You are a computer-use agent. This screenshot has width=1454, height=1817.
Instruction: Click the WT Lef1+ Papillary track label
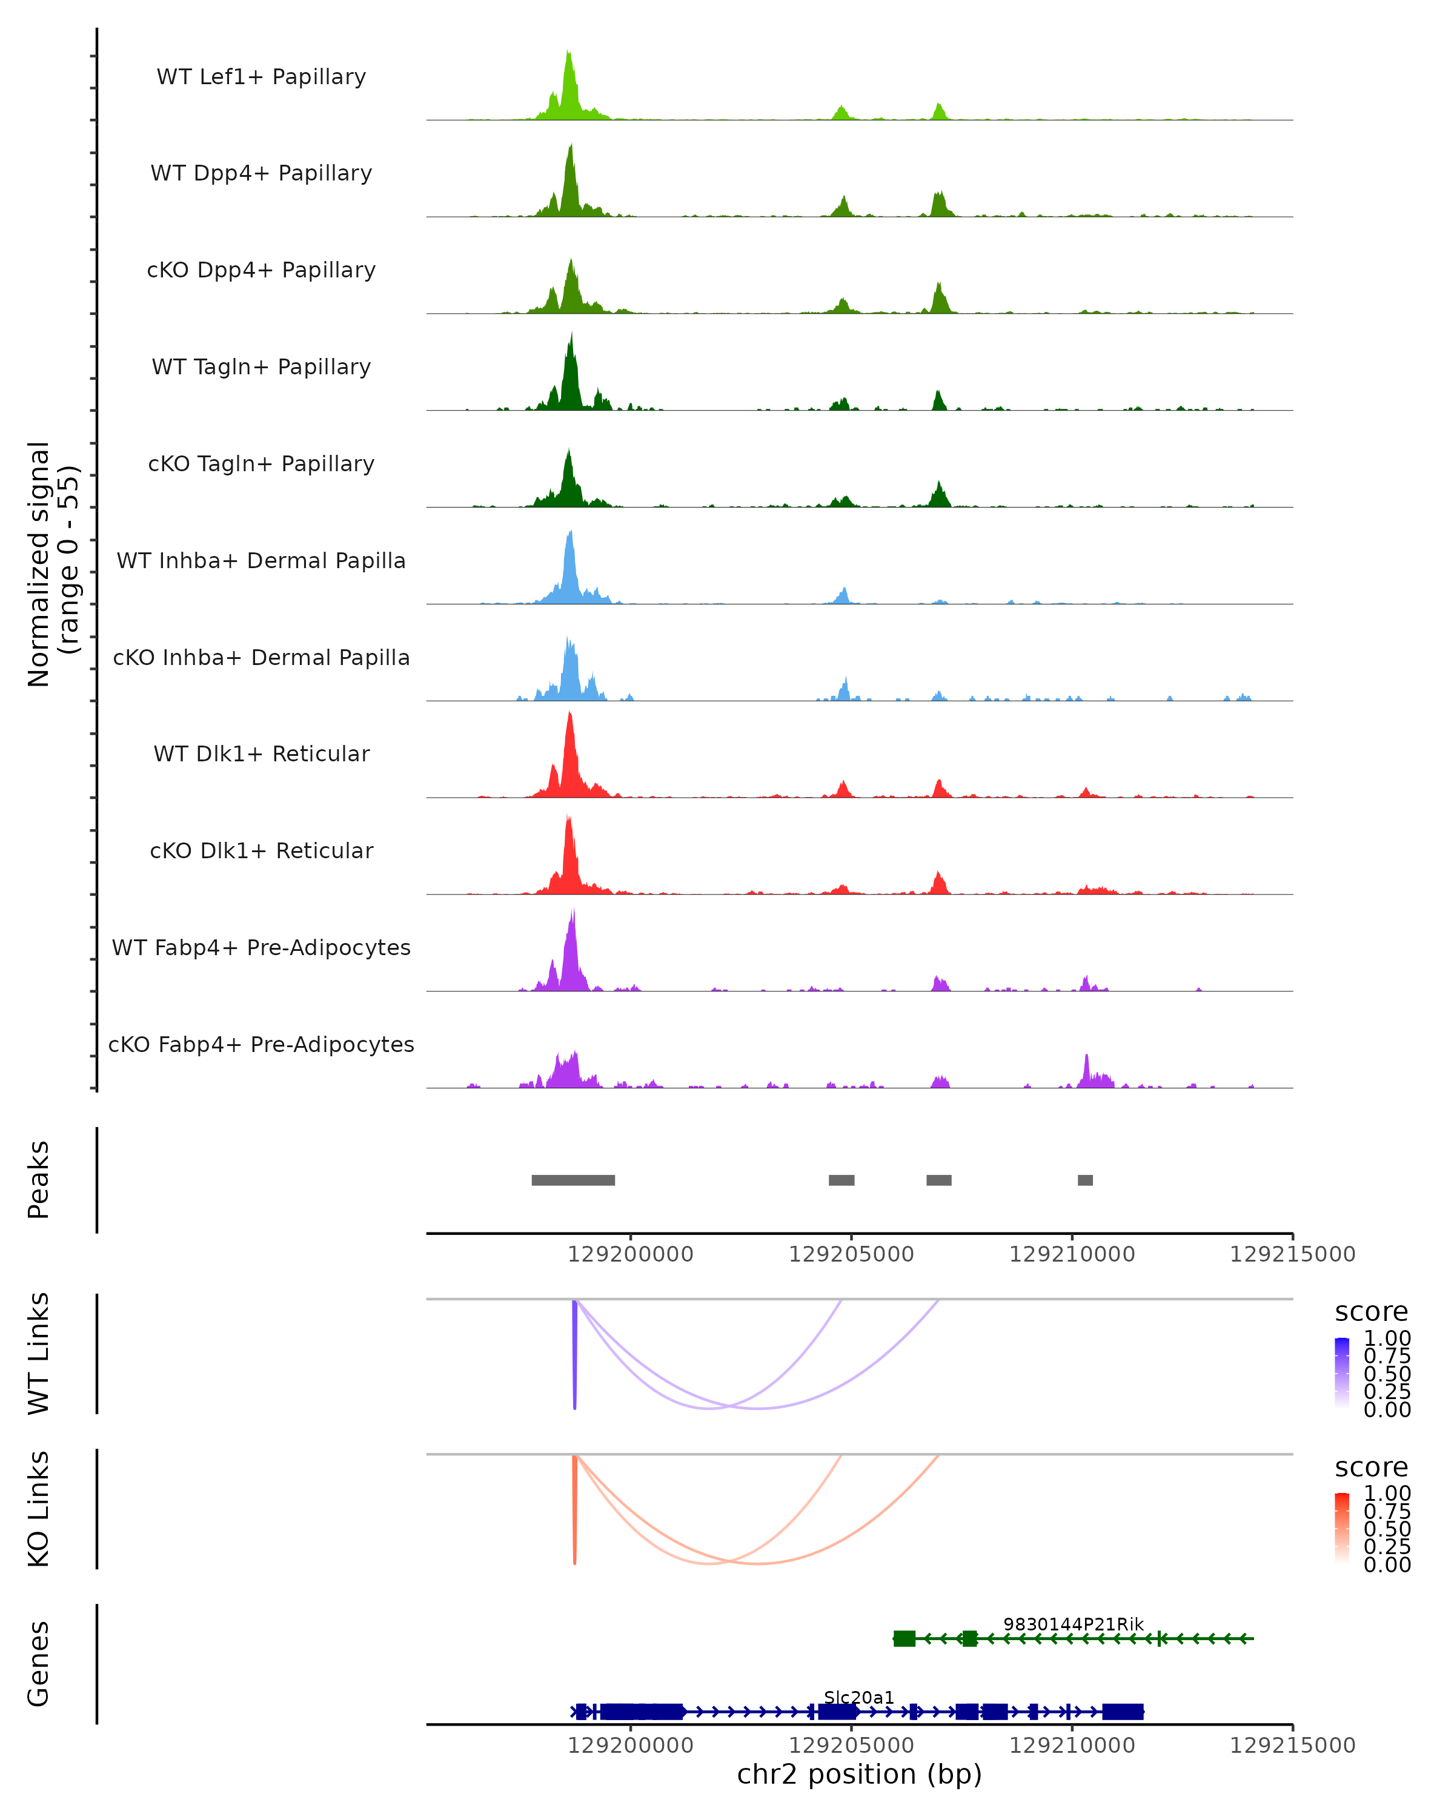coord(261,77)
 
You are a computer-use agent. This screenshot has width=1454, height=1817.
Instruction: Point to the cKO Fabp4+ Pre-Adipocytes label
coord(261,1044)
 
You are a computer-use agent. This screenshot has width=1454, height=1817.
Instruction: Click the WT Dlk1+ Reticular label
coord(261,753)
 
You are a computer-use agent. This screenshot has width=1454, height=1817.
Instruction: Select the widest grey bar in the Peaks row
coord(573,1180)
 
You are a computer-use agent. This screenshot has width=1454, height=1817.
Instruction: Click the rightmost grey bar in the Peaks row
coord(1085,1180)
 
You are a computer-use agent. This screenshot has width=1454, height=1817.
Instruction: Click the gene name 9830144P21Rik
coord(1073,1624)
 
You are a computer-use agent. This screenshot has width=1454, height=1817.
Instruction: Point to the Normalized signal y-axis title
coord(52,564)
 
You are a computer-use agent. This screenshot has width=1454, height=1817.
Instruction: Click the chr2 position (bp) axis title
coord(859,1774)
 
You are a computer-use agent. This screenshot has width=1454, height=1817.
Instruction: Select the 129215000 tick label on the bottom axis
coord(1292,1744)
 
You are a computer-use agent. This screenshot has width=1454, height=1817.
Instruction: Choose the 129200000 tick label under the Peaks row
coord(631,1254)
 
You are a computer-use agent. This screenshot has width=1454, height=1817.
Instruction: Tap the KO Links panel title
coord(39,1509)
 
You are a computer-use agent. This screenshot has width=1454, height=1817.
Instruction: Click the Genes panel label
coord(39,1664)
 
